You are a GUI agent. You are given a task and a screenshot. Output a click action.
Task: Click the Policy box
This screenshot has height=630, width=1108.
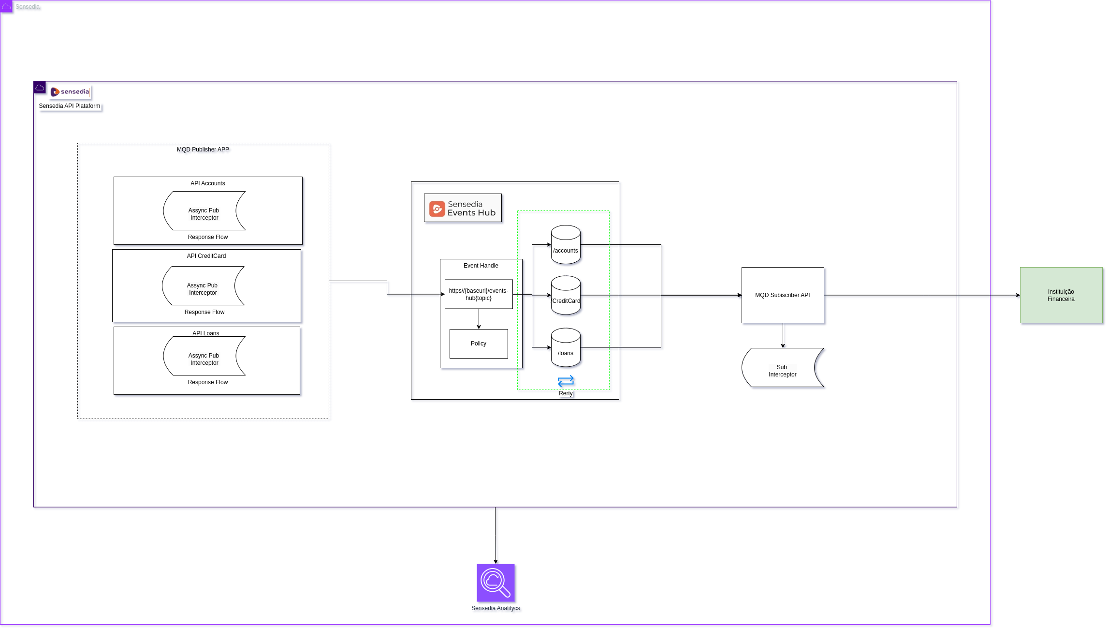tap(479, 344)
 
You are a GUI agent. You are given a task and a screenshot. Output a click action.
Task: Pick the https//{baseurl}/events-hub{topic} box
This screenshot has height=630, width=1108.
tap(479, 294)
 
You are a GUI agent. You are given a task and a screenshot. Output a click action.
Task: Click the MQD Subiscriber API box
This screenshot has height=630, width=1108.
tap(783, 295)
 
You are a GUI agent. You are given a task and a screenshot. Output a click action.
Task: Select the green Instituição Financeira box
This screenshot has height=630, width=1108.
tap(1061, 295)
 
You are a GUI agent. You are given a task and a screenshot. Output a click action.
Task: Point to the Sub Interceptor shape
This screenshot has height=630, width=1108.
tap(782, 368)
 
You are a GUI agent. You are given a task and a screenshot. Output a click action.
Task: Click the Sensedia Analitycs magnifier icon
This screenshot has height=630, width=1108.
tap(496, 583)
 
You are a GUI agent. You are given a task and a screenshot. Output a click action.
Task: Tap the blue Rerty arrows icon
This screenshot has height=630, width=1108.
tap(566, 381)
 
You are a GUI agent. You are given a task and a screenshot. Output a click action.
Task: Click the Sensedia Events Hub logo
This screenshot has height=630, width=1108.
tap(463, 208)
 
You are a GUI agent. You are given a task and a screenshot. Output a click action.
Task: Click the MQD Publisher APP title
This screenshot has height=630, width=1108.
tap(203, 150)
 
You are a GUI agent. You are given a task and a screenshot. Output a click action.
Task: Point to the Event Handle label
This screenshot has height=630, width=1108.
tap(481, 266)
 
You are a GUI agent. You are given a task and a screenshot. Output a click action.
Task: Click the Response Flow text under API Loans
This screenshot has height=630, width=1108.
tap(208, 382)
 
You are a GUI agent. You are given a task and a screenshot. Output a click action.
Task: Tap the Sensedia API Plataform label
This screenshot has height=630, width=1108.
tap(70, 106)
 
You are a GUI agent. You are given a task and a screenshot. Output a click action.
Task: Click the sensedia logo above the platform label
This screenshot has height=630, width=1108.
tap(70, 91)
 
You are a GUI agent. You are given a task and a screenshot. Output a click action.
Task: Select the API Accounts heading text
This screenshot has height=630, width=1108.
tap(207, 183)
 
